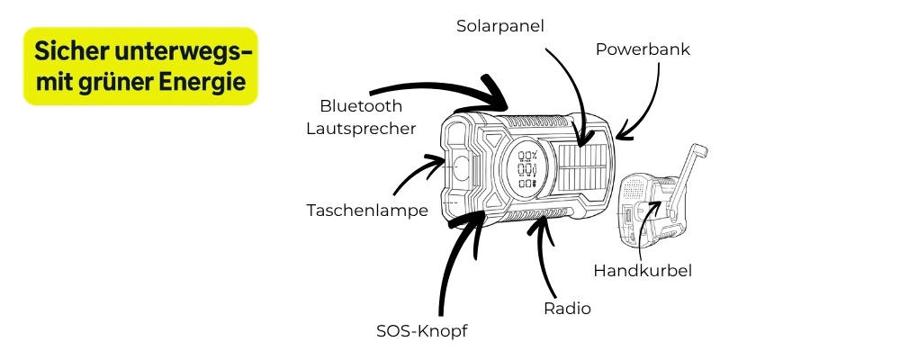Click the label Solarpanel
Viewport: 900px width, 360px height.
pyautogui.click(x=500, y=26)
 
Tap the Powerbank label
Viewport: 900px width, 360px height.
pyautogui.click(x=643, y=49)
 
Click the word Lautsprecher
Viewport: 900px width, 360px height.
pyautogui.click(x=361, y=129)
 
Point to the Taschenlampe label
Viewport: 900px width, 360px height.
pyautogui.click(x=366, y=210)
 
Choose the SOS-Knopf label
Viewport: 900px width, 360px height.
pyautogui.click(x=422, y=330)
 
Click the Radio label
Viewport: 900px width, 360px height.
pyautogui.click(x=567, y=309)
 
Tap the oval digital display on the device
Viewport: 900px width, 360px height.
pyautogui.click(x=527, y=168)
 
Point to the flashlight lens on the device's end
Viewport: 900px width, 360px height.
pyautogui.click(x=462, y=167)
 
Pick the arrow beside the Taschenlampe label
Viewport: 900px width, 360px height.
pyautogui.click(x=418, y=175)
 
